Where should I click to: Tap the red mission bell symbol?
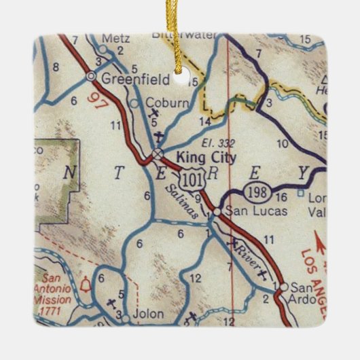86,284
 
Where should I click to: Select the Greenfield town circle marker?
92,77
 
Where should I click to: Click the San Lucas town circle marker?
216,212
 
